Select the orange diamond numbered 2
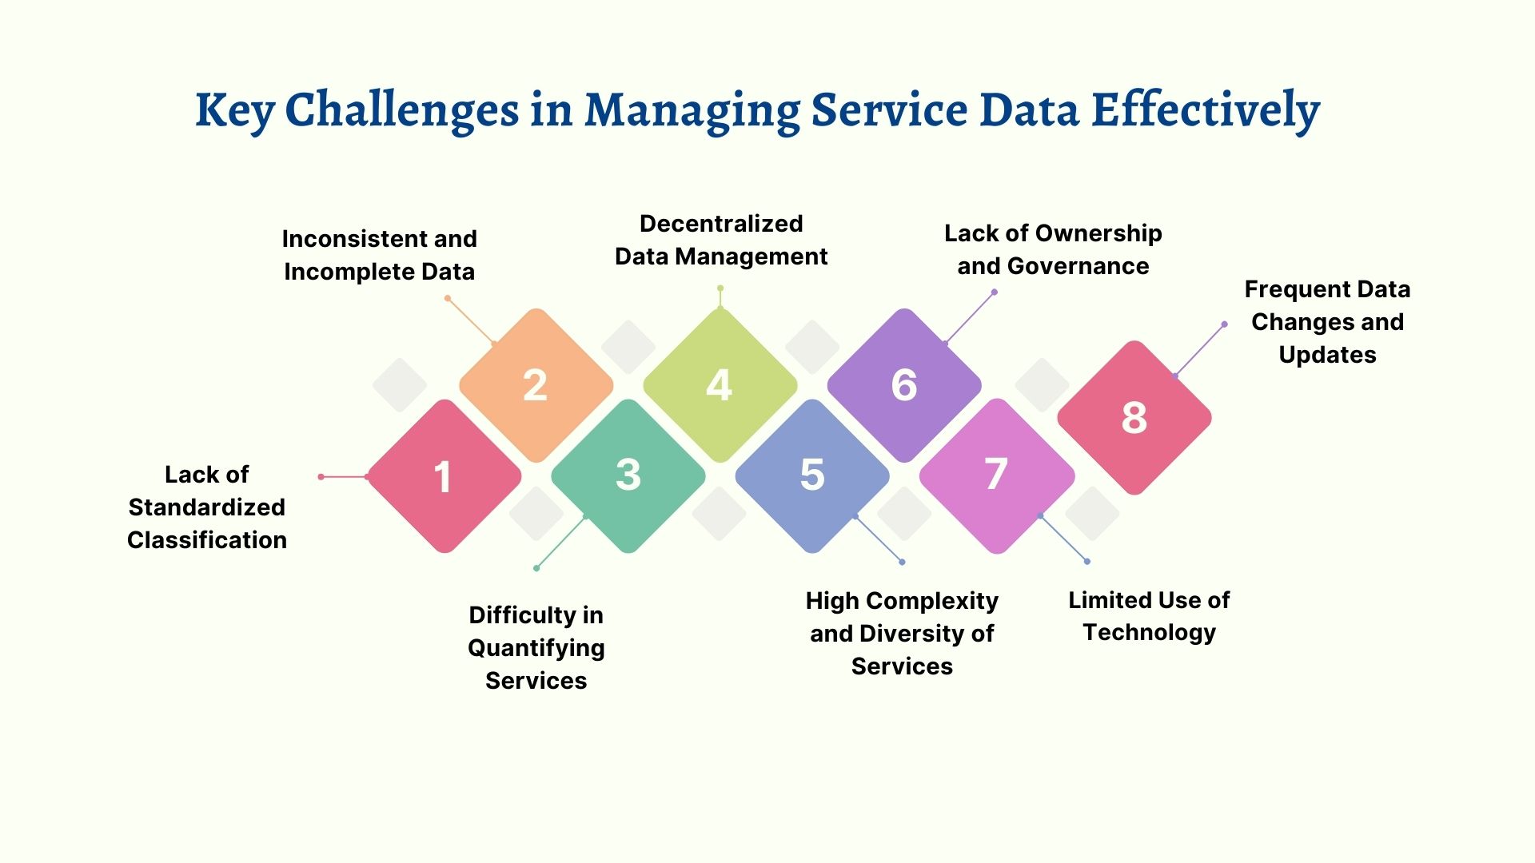pyautogui.click(x=536, y=385)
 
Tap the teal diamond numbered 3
pyautogui.click(x=628, y=476)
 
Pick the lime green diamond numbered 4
pyautogui.click(x=720, y=385)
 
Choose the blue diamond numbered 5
pyautogui.click(x=812, y=476)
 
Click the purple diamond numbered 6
pyautogui.click(x=904, y=385)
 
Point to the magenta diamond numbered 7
pyautogui.click(x=996, y=476)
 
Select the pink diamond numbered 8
pyautogui.click(x=1134, y=418)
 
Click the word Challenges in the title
pyautogui.click(x=401, y=110)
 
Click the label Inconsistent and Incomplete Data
pyautogui.click(x=379, y=255)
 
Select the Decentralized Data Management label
pyautogui.click(x=720, y=240)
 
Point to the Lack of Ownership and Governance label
pyautogui.click(x=1053, y=249)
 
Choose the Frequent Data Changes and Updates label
pyautogui.click(x=1327, y=321)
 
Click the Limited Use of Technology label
pyautogui.click(x=1149, y=616)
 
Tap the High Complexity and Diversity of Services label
pyautogui.click(x=902, y=633)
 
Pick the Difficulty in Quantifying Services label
pyautogui.click(x=536, y=647)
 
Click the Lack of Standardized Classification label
pyautogui.click(x=207, y=507)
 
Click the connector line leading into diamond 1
pyautogui.click(x=344, y=477)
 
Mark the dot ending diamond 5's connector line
pyautogui.click(x=902, y=562)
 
